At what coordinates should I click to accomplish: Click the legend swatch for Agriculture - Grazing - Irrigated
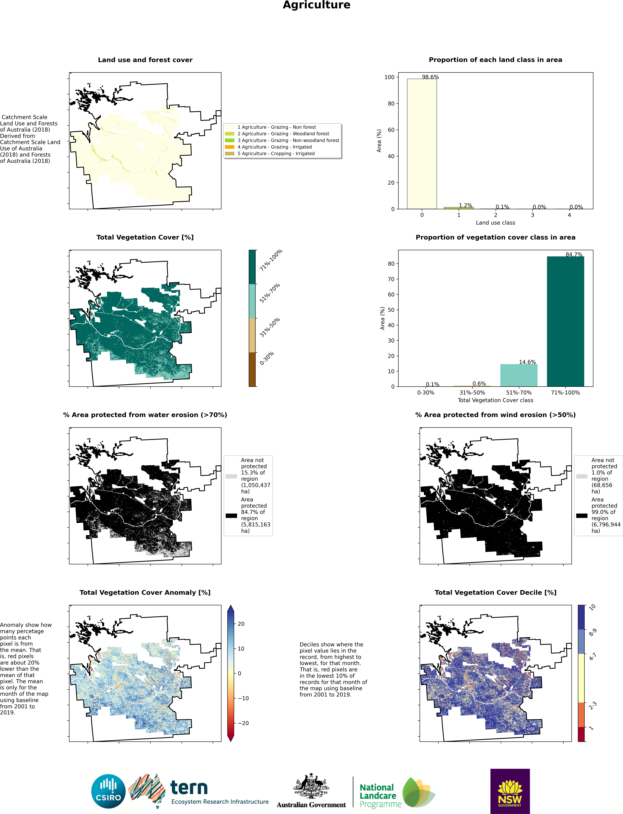[230, 147]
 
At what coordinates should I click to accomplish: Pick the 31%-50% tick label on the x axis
[472, 392]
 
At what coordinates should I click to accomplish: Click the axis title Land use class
[495, 223]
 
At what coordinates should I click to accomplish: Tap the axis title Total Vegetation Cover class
[495, 400]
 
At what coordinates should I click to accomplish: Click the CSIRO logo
[108, 791]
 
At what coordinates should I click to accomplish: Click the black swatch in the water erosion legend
[231, 515]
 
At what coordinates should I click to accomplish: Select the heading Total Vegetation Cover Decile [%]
[495, 592]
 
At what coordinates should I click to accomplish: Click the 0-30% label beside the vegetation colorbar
[267, 358]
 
